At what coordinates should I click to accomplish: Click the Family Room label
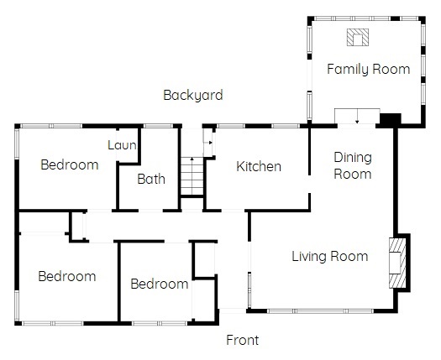(x=369, y=69)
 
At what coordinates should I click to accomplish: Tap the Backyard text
(x=193, y=95)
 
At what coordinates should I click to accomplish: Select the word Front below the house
(x=243, y=340)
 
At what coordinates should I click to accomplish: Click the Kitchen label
(x=259, y=166)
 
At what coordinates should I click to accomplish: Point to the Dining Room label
(x=353, y=165)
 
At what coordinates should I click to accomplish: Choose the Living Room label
(x=330, y=256)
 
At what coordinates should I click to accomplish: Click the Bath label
(x=151, y=179)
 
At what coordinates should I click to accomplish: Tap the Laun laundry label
(x=122, y=145)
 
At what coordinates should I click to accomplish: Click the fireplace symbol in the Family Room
(x=358, y=37)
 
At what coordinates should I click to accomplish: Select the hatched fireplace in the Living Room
(x=397, y=263)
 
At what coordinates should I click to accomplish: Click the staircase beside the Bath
(x=192, y=176)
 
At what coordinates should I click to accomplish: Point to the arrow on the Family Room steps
(x=357, y=116)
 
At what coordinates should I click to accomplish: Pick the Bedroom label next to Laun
(x=70, y=164)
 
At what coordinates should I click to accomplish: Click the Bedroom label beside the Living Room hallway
(x=160, y=284)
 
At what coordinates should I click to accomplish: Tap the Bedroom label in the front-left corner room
(x=67, y=276)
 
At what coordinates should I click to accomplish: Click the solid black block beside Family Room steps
(x=391, y=119)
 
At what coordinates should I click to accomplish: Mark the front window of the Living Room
(x=320, y=311)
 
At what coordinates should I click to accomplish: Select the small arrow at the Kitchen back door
(x=209, y=143)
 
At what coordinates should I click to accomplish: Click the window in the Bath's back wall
(x=159, y=126)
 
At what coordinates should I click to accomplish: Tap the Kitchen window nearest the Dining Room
(x=286, y=126)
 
